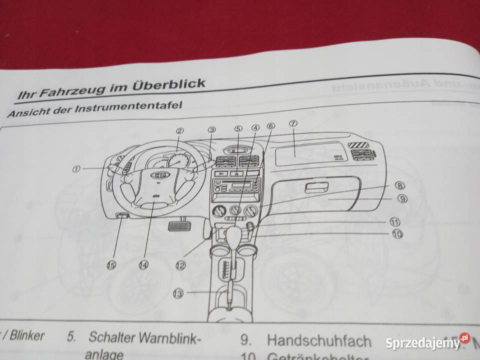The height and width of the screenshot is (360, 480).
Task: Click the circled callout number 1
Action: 76,169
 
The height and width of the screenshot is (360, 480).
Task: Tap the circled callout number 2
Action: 180,131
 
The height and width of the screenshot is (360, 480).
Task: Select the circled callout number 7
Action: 293,123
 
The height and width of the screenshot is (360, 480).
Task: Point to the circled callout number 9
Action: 402,198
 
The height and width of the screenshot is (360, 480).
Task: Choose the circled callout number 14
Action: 144,266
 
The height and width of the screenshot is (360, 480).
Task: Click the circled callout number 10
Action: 397,233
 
